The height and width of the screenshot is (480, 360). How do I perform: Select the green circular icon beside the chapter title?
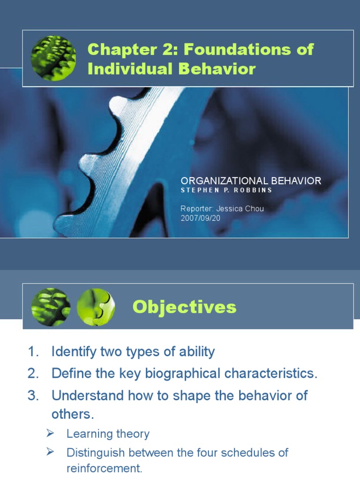click(53, 58)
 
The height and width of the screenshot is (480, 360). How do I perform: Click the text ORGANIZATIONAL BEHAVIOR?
click(251, 181)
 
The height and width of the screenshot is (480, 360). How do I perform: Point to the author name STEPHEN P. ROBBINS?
click(226, 190)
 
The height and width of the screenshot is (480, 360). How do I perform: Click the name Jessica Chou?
click(240, 209)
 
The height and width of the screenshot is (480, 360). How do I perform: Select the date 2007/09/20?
click(201, 218)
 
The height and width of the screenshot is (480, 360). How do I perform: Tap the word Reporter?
click(197, 209)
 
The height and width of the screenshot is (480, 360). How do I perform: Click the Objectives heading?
click(185, 307)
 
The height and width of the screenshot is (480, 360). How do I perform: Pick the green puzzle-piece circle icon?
click(96, 307)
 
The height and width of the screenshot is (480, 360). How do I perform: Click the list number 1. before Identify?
click(33, 352)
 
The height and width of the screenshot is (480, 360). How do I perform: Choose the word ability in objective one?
click(197, 352)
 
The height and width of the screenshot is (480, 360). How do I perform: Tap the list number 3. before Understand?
click(33, 396)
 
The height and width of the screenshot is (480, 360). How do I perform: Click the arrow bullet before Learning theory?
click(50, 433)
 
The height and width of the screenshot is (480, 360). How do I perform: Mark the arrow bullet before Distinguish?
click(50, 451)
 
